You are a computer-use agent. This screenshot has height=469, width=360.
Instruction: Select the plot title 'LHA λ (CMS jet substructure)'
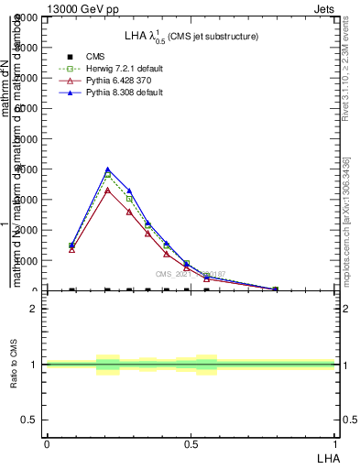191,37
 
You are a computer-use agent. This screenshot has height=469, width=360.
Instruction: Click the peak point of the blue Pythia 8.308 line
108,169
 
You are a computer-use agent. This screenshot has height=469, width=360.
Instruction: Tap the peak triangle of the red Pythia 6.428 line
108,190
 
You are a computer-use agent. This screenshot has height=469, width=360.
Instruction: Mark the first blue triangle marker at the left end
71,245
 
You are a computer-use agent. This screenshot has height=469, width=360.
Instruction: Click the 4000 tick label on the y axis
26,169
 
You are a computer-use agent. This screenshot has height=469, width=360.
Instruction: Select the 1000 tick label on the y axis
26,261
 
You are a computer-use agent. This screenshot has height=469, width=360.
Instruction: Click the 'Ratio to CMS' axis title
14,364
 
